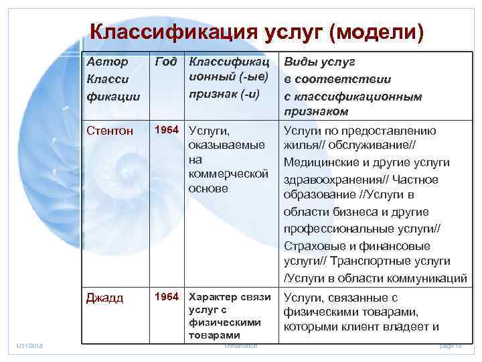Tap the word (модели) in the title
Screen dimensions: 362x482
pos(376,32)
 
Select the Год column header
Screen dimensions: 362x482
pos(165,62)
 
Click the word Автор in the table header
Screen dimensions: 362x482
pos(107,62)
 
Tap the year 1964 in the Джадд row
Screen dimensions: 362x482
pos(166,297)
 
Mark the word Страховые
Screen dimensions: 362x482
pos(311,245)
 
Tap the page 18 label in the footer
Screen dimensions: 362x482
pos(451,345)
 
